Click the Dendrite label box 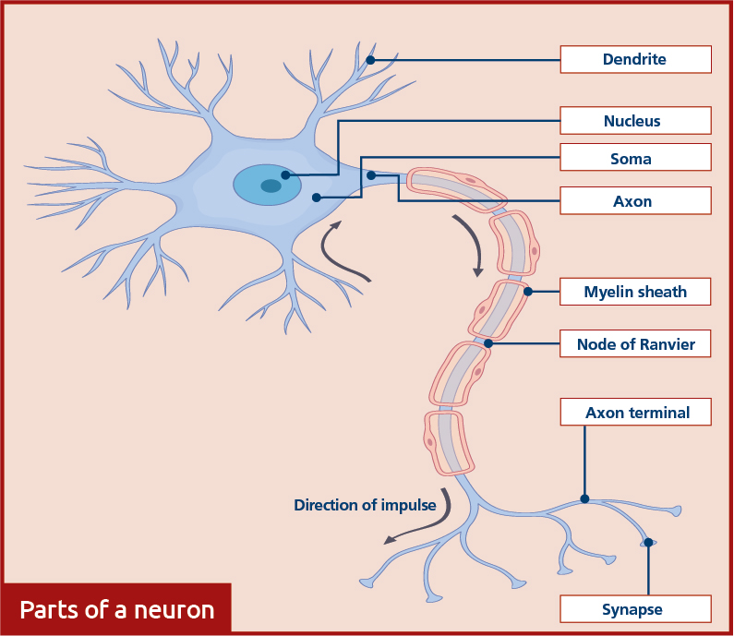click(x=636, y=59)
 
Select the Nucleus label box click(x=636, y=121)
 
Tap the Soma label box click(x=636, y=157)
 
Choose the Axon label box click(x=636, y=200)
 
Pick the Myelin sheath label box click(x=635, y=292)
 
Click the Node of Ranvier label click(x=635, y=343)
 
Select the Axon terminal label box click(x=636, y=412)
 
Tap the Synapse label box click(x=636, y=609)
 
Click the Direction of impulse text click(x=365, y=506)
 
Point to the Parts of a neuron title click(x=117, y=610)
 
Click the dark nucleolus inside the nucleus click(x=271, y=186)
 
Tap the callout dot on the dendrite click(x=370, y=60)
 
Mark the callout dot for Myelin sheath click(x=528, y=292)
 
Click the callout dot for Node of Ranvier click(x=488, y=343)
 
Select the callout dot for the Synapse click(x=648, y=543)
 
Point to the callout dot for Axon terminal click(x=584, y=498)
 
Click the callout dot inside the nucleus click(x=285, y=175)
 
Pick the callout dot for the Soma click(x=317, y=198)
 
